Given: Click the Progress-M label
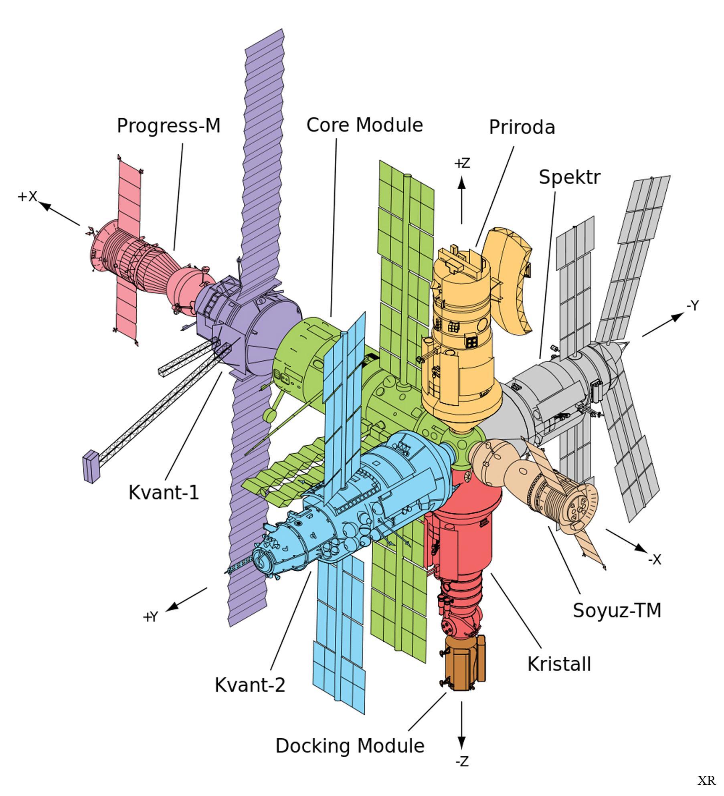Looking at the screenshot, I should (169, 126).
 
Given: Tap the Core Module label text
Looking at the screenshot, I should (364, 125).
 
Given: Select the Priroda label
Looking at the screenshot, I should (522, 127).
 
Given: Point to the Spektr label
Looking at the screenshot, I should (569, 177).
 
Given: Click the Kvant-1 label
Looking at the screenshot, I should (164, 492).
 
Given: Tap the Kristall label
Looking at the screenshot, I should (559, 664).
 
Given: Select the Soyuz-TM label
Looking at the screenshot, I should (617, 610).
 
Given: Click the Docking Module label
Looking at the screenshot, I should (350, 746).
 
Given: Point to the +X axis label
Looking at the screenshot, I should (27, 196).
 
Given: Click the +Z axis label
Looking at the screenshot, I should (462, 164).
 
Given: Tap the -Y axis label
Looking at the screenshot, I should (692, 306).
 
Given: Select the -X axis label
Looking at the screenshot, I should (654, 560).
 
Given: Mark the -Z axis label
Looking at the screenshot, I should (462, 773).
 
